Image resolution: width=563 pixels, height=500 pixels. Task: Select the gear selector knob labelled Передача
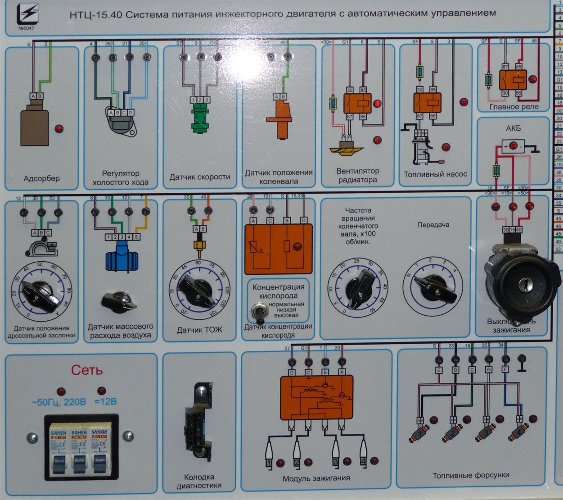coord(434,289)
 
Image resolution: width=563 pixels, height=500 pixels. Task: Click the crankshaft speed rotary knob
coord(359,289)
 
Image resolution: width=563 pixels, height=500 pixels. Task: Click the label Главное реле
coord(514,107)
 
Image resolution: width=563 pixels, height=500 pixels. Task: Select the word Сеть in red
coord(87,370)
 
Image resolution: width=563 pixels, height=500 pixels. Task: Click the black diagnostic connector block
coord(198,421)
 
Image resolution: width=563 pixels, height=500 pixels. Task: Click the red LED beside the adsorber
coord(59,129)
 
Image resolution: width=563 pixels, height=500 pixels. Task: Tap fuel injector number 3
coord(485,433)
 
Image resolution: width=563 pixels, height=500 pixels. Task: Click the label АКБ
coord(513,128)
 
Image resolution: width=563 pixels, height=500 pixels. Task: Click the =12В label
coord(106,402)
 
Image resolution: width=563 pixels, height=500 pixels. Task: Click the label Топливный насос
coord(435,174)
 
